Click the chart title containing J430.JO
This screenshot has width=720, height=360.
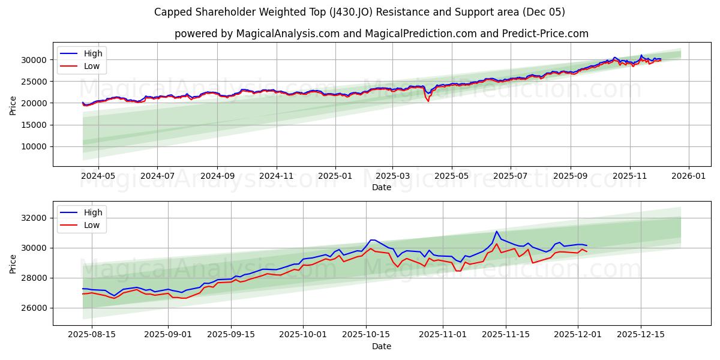click(359, 12)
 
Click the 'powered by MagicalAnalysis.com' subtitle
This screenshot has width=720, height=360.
click(381, 34)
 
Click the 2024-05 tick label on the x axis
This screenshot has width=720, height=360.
click(98, 176)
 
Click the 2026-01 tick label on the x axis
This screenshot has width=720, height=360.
click(688, 176)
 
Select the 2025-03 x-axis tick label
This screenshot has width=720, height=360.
click(392, 176)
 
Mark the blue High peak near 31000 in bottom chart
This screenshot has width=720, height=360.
click(496, 232)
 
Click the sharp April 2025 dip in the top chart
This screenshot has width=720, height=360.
click(428, 101)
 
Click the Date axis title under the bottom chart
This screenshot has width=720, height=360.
click(381, 346)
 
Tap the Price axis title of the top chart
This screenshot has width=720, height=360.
click(13, 104)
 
